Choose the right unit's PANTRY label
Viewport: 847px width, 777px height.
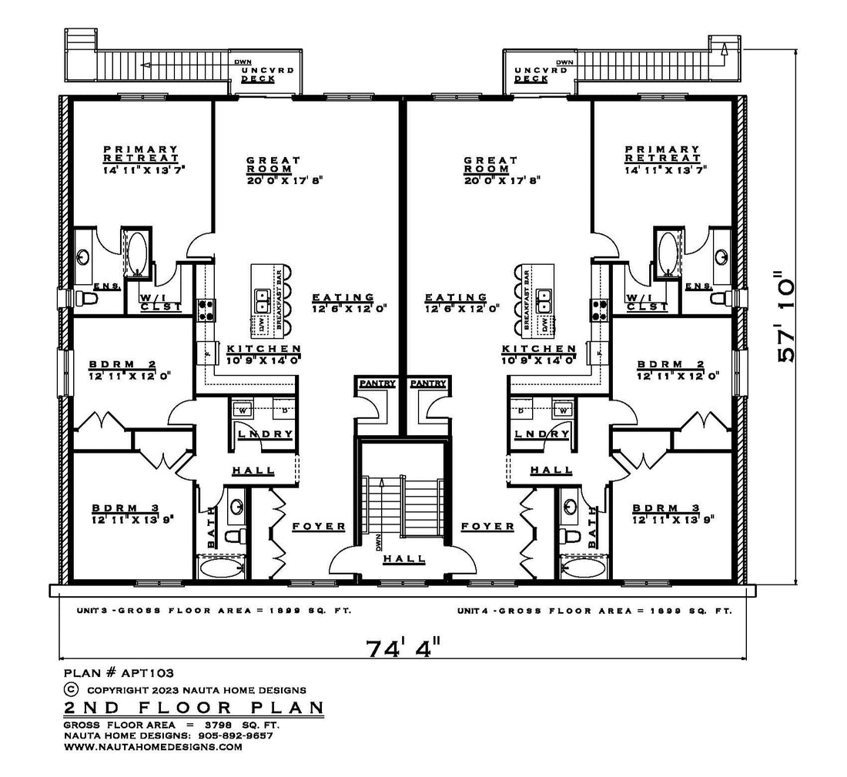428,383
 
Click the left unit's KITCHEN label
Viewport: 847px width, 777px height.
263,349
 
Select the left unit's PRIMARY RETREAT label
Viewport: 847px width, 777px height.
141,153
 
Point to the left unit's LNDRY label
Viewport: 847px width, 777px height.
265,434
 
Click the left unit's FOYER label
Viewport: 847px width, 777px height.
318,526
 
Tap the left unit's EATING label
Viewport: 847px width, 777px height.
343,297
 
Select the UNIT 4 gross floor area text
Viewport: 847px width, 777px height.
593,610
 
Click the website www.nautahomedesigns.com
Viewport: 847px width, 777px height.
152,746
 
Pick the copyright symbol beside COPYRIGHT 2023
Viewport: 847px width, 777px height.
71,690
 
